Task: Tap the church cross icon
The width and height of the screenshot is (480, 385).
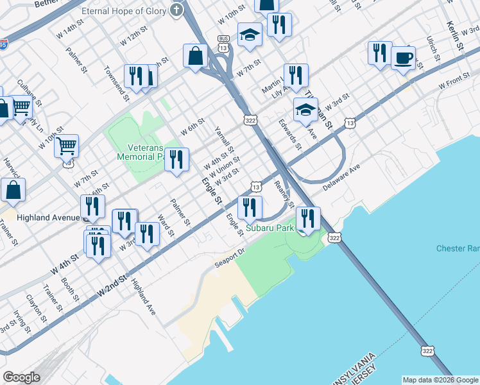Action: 176,11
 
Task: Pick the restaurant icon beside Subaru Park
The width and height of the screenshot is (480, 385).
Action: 308,218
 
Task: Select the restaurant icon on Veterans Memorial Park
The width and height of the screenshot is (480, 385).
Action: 176,158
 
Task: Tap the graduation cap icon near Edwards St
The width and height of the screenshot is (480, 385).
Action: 306,110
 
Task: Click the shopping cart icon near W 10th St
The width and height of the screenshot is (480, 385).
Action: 66,146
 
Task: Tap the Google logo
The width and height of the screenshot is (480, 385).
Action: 21,377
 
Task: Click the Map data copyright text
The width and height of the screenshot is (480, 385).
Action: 440,380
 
